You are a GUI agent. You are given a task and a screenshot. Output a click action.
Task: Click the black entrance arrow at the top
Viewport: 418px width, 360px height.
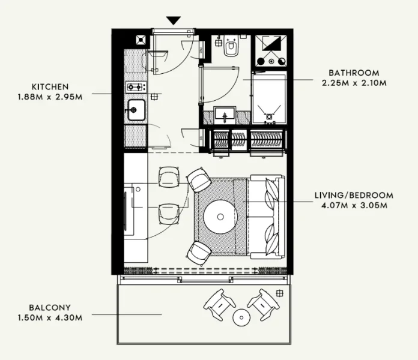pyautogui.click(x=174, y=20)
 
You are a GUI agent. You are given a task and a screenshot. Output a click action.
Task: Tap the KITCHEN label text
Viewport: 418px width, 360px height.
pyautogui.click(x=51, y=86)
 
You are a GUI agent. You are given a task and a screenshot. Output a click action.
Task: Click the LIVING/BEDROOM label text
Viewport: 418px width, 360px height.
pyautogui.click(x=354, y=195)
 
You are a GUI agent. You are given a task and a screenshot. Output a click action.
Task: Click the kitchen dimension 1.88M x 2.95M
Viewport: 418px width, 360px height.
pyautogui.click(x=51, y=96)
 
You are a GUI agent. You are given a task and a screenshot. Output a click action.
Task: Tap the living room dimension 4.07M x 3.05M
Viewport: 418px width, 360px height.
pyautogui.click(x=354, y=205)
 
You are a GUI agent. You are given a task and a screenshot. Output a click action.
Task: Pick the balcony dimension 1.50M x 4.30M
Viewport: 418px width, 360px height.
pyautogui.click(x=50, y=315)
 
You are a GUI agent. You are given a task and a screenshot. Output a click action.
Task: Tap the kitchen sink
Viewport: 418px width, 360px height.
pyautogui.click(x=135, y=110)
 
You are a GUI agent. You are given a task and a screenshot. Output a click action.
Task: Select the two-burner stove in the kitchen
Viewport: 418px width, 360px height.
pyautogui.click(x=135, y=87)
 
